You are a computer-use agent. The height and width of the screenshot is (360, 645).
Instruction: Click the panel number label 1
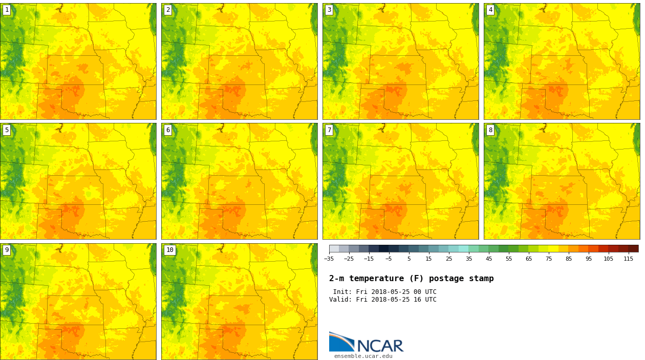(7, 10)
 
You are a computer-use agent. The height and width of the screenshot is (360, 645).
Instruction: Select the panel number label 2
(168, 10)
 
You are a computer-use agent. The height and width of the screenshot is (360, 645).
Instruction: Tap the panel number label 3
(329, 10)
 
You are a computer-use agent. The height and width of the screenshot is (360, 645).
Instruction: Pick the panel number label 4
(490, 10)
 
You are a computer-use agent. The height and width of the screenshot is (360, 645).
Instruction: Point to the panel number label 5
(7, 130)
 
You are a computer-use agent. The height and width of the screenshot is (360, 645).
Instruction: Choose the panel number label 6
(168, 130)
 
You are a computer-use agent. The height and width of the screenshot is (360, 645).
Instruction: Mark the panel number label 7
(329, 130)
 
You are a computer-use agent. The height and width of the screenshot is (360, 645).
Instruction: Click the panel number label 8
(490, 130)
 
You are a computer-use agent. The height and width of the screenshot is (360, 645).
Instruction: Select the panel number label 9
(7, 250)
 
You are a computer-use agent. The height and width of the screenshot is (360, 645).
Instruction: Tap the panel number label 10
(169, 250)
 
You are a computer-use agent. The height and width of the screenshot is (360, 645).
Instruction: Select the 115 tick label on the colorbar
(628, 259)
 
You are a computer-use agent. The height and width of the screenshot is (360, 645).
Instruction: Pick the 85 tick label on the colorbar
(568, 259)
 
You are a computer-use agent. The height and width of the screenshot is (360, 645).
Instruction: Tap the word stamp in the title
(481, 279)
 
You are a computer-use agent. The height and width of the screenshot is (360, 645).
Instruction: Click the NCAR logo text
(380, 346)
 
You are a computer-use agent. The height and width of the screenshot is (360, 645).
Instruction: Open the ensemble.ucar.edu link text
(363, 356)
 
